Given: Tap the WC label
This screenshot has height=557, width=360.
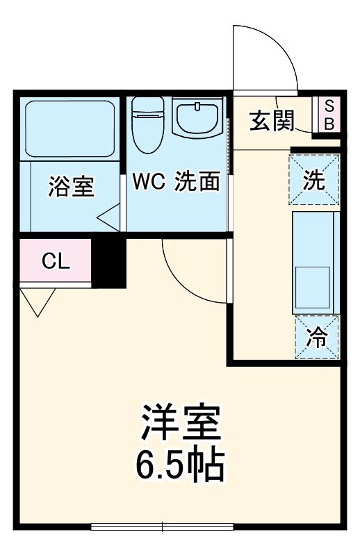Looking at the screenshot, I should pos(148,182).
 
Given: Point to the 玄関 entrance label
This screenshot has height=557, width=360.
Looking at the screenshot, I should pos(272,121).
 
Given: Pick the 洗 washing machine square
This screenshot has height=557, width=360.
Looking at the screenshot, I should pos(314,181).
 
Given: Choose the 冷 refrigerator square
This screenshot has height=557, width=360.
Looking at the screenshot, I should pos(317,338).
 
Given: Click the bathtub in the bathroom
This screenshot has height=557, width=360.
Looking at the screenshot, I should pos(69,128).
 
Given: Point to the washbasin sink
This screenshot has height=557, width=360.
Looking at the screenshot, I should pos(198,119).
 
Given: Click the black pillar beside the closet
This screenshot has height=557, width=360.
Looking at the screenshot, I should pos(109,262).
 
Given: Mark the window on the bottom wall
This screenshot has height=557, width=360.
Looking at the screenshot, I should pos(164,526).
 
